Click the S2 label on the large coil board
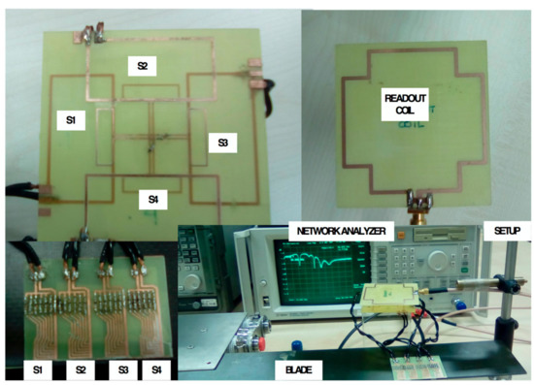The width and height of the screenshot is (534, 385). (x=142, y=66)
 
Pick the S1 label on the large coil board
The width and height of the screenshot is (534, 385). (x=70, y=120)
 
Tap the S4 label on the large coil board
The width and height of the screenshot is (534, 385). (x=153, y=200)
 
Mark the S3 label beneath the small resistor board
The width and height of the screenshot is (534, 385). (x=125, y=370)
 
